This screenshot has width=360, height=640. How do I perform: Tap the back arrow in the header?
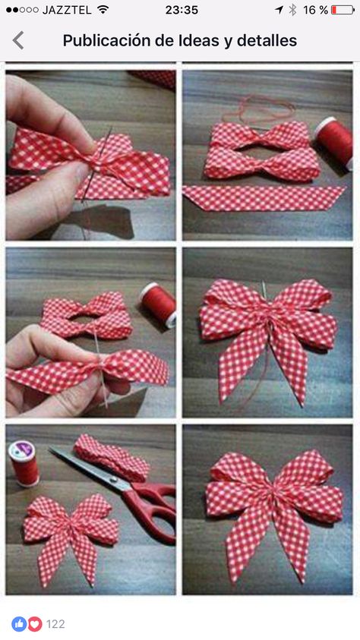[18, 40]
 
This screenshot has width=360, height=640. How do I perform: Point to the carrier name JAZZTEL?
[67, 10]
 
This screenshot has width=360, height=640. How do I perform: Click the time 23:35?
[182, 10]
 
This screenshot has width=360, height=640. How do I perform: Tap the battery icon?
[343, 10]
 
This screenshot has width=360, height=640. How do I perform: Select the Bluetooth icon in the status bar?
[292, 10]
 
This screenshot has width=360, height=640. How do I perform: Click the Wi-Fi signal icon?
[103, 10]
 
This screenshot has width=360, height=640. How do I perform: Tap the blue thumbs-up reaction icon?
[19, 623]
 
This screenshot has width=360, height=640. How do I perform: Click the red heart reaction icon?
[35, 623]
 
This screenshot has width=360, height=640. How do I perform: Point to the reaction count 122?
[55, 624]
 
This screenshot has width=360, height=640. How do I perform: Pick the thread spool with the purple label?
[24, 463]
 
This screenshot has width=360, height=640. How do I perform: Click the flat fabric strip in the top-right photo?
[264, 198]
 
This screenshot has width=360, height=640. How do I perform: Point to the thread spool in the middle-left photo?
[159, 304]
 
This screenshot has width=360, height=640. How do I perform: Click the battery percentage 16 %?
[315, 10]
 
